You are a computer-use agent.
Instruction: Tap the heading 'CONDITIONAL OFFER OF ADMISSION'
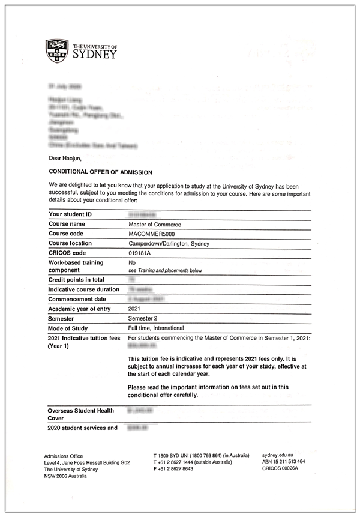tap(100, 172)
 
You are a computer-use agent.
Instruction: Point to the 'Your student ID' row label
tap(70, 214)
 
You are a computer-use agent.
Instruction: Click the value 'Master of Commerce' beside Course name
tap(155, 224)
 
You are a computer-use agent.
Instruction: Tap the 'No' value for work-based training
tap(133, 262)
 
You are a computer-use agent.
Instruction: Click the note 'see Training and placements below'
tap(165, 270)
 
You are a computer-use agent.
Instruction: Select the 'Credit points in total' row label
tap(76, 280)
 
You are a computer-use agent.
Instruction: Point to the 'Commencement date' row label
tap(77, 299)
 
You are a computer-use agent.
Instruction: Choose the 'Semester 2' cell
tap(144, 318)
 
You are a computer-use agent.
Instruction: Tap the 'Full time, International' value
tap(156, 328)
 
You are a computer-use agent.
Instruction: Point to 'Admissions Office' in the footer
tap(64, 456)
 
